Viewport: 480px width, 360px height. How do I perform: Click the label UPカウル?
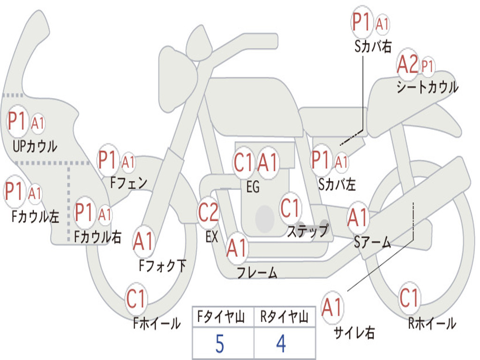[x=35, y=146]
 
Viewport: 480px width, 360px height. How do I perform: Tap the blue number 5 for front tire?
[x=219, y=344]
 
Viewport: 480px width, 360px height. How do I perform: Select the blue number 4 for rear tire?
[x=281, y=344]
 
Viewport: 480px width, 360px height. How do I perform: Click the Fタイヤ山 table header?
[x=221, y=316]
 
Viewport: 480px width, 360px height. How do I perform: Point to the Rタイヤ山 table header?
[x=285, y=316]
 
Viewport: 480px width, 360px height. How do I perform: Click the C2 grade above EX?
[x=209, y=212]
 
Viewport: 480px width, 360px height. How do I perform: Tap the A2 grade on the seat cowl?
[x=407, y=64]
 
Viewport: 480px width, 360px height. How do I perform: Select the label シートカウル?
[x=427, y=87]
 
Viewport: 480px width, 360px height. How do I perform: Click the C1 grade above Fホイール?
[x=135, y=299]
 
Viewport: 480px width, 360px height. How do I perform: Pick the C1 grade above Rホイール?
[x=409, y=298]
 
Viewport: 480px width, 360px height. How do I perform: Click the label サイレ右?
[x=354, y=332]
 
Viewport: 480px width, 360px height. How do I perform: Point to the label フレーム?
[x=257, y=272]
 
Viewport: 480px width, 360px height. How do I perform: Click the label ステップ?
[x=308, y=231]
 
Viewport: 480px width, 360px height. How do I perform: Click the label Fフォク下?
[x=163, y=265]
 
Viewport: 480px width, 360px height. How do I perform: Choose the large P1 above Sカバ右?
[x=361, y=22]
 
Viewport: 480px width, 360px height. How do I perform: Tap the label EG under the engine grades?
[x=253, y=187]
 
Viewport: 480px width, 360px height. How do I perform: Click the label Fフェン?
[x=128, y=183]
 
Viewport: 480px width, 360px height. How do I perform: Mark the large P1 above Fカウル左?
[x=14, y=191]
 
